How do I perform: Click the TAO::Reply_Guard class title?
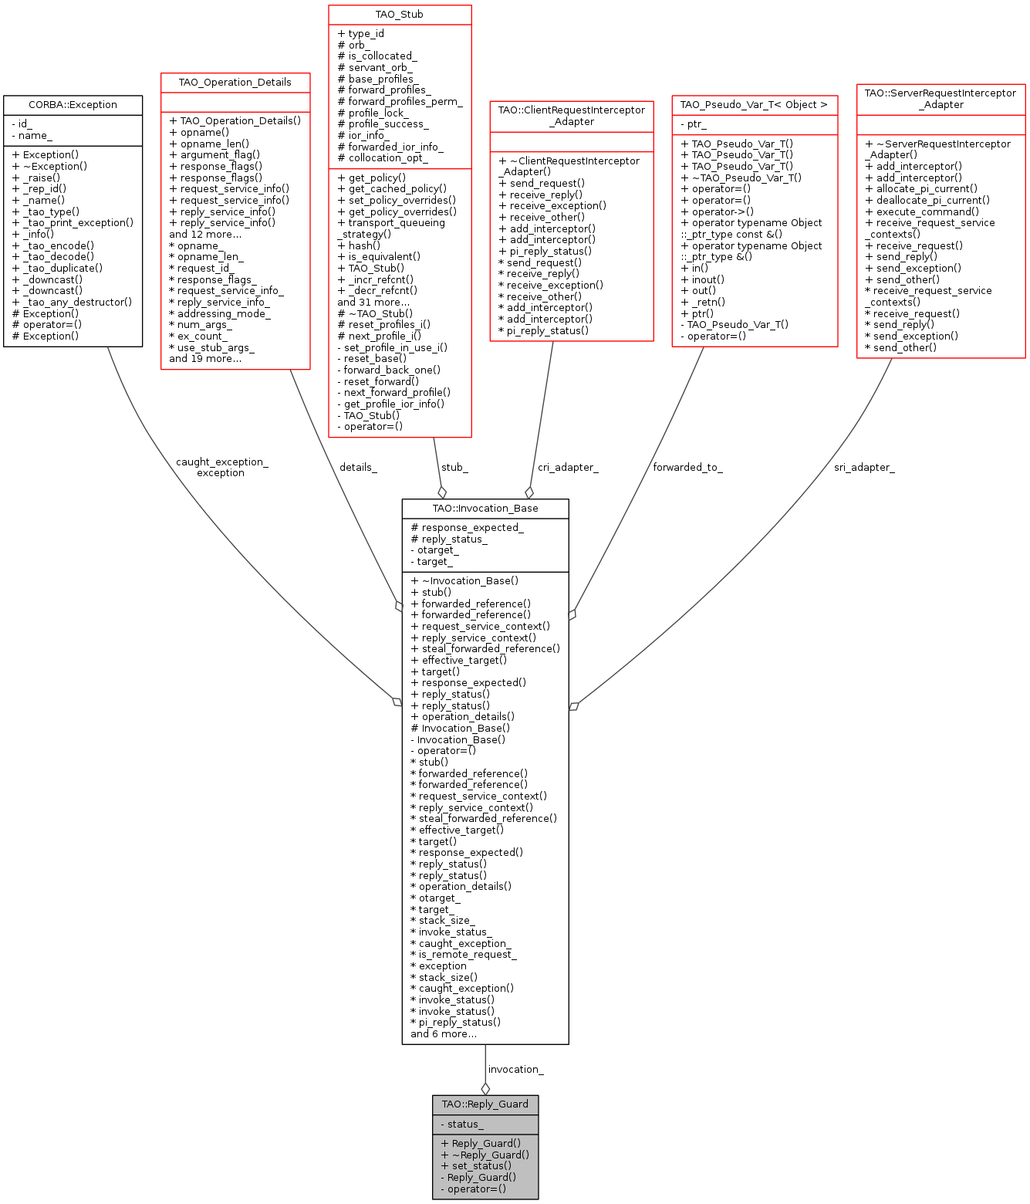coord(485,1104)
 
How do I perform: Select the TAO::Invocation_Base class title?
coord(485,508)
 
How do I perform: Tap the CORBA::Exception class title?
coord(73,104)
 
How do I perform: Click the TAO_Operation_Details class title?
coord(235,82)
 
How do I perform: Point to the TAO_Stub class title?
coord(399,14)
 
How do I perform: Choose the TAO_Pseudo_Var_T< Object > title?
coord(754,104)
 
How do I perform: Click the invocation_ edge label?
coord(515,1069)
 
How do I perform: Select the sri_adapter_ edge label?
coord(864,467)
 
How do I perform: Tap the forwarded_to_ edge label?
coord(687,467)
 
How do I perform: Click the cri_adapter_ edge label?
coord(568,467)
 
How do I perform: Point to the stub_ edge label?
coord(454,467)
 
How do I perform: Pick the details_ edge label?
coord(358,467)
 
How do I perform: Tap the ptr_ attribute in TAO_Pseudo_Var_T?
coord(694,123)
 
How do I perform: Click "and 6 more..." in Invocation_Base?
coord(444,1033)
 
